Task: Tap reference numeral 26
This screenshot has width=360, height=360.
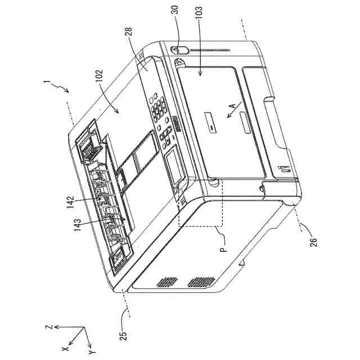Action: [x=313, y=237]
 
